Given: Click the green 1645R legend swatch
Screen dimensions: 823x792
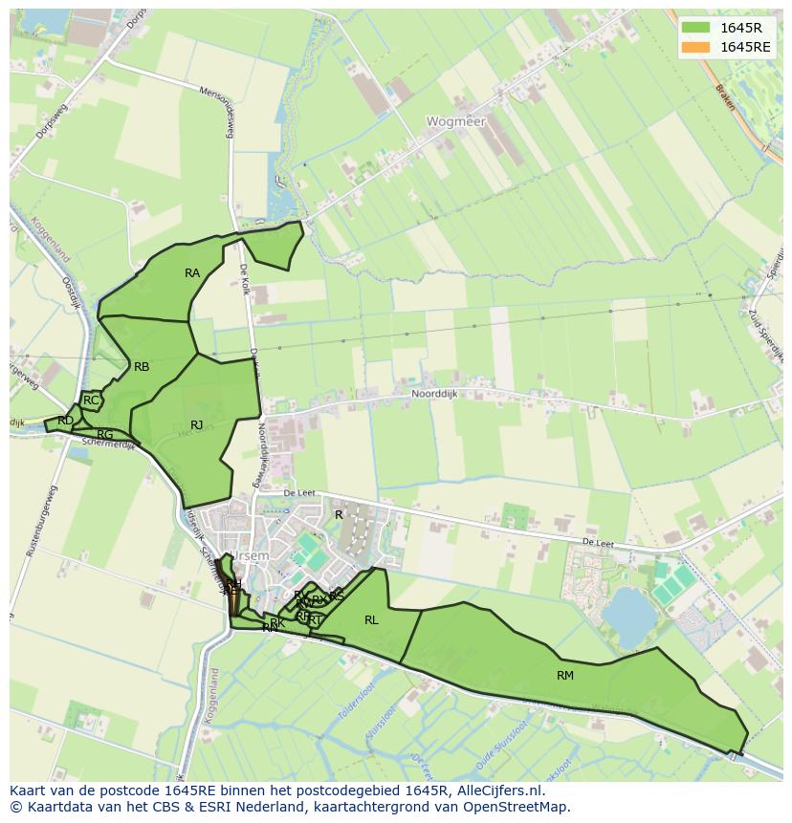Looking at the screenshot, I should click(696, 28).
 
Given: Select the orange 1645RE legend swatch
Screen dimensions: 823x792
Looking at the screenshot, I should click(696, 47).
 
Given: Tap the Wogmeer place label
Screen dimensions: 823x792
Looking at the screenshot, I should click(456, 122).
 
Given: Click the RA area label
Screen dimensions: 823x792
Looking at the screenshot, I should click(192, 273).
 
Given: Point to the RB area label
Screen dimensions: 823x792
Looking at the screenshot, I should click(142, 367).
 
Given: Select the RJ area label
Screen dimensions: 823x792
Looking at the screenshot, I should click(197, 425).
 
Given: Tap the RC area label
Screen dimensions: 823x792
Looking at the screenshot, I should click(91, 401).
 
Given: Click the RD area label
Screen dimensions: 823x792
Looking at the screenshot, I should click(65, 421).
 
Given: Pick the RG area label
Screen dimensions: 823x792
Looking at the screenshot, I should click(105, 435).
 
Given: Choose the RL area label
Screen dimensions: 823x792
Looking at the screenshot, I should click(371, 620).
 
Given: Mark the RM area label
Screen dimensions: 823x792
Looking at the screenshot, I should click(565, 676).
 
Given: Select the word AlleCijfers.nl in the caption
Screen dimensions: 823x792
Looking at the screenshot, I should click(497, 791).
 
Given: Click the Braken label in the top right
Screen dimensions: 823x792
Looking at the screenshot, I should click(726, 97).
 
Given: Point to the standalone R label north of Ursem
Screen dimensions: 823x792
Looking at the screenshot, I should click(339, 515).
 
